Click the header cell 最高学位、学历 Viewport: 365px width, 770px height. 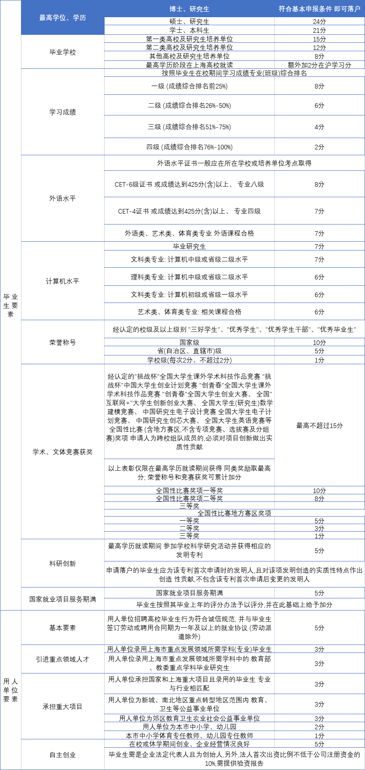tap(63, 18)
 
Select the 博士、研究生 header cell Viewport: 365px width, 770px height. tap(189, 9)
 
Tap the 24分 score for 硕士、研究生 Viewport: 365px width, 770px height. tap(319, 21)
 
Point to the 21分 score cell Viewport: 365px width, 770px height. tap(319, 30)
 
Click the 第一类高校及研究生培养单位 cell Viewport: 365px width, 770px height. tap(189, 39)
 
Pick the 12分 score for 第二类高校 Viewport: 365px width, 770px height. tap(319, 47)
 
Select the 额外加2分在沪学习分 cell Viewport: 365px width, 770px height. tap(319, 65)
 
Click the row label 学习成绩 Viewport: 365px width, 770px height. tap(63, 112)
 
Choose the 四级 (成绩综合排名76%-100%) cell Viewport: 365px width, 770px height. tap(189, 147)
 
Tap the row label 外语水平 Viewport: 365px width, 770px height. tap(63, 198)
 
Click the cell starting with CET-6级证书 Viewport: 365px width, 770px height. tap(189, 184)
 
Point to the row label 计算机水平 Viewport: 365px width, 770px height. tap(63, 281)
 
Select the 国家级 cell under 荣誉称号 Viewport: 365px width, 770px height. tap(189, 342)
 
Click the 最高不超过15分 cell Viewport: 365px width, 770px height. tap(319, 425)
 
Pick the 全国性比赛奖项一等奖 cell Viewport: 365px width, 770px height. tap(189, 491)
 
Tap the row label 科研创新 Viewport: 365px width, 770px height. tap(63, 564)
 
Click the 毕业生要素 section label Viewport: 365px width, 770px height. tap(11, 305)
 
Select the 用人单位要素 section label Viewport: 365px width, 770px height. tap(11, 690)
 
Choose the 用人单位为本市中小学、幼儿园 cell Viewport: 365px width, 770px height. tap(189, 727)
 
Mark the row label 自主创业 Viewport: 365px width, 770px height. tap(63, 755)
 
